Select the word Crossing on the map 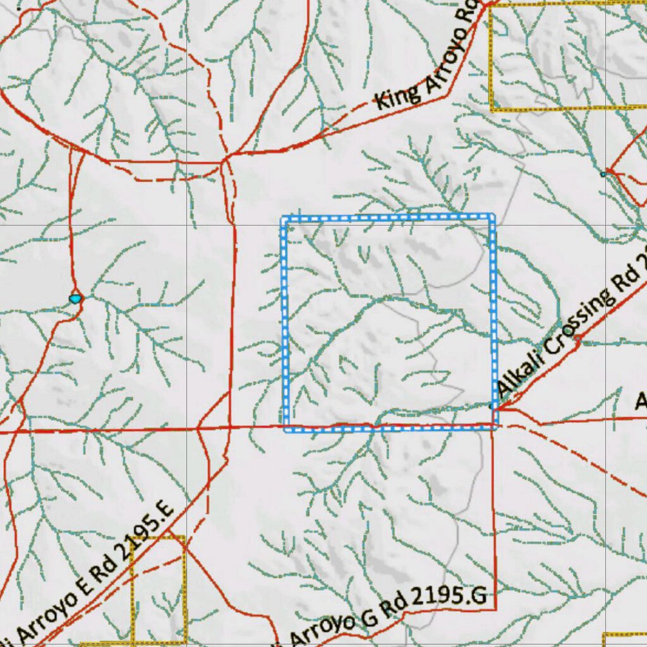(582, 321)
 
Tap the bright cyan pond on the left (76, 297)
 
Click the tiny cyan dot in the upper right (603, 174)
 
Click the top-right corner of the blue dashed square (492, 217)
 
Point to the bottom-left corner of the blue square (286, 429)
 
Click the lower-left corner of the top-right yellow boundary (492, 109)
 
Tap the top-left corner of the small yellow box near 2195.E (133, 538)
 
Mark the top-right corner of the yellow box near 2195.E (184, 538)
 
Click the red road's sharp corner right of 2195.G (495, 608)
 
